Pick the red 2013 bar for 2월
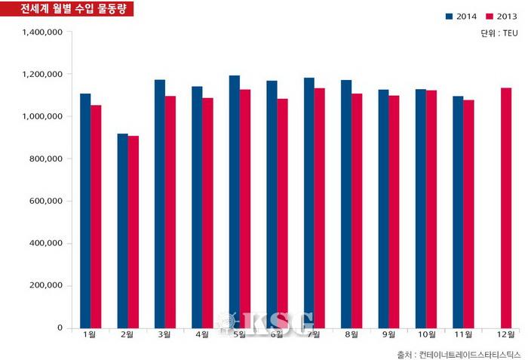pos(134,232)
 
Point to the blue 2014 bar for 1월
pos(85,211)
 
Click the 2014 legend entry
pos(461,16)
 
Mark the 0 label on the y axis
pos(60,328)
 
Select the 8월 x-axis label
pos(351,334)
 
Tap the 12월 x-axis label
pos(505,334)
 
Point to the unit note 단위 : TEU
pos(499,33)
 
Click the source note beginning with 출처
pos(458,352)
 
